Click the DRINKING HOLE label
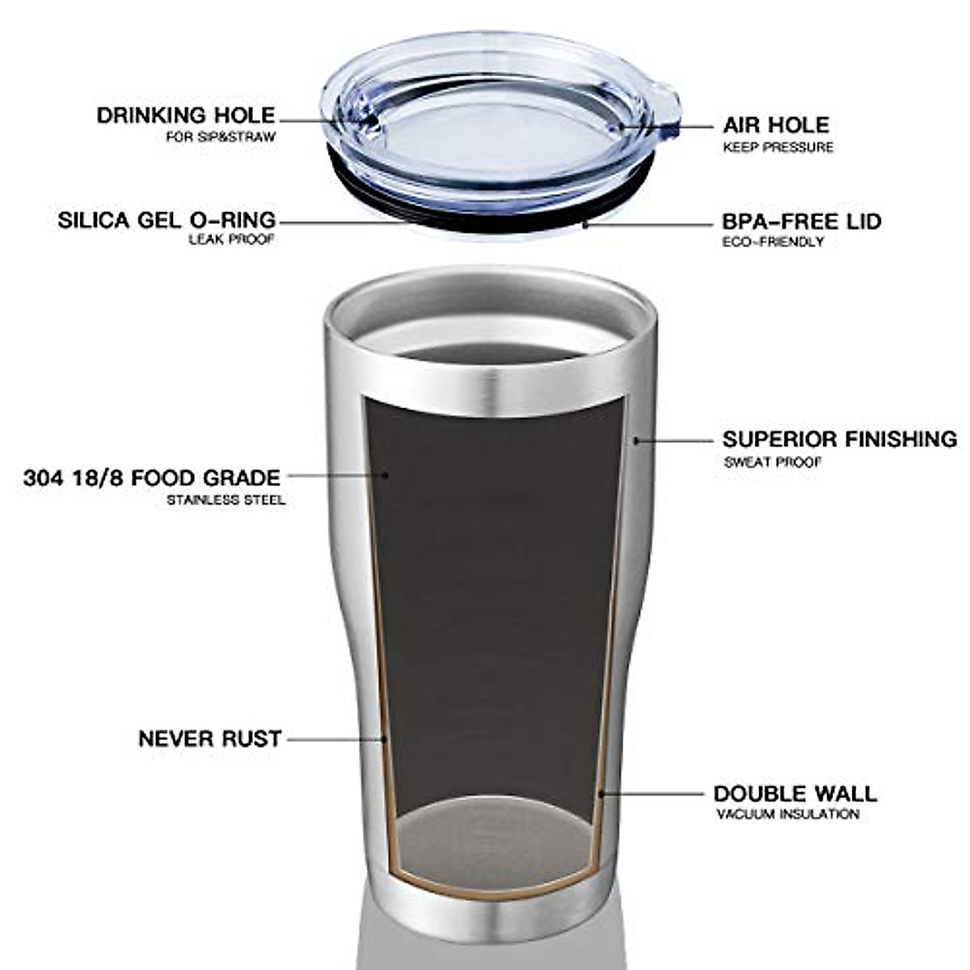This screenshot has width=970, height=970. [x=186, y=116]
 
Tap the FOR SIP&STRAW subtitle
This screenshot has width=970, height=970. [x=221, y=137]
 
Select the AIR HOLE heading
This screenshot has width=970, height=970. [x=776, y=125]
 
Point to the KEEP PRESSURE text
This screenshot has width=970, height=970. [x=778, y=148]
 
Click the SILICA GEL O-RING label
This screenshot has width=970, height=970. [x=167, y=220]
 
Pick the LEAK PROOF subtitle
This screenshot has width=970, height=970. [x=232, y=240]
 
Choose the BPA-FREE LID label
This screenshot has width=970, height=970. [x=802, y=221]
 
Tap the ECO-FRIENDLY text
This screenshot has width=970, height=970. [x=773, y=242]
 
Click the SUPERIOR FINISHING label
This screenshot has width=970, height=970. [x=840, y=440]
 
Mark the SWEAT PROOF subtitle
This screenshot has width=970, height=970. [x=772, y=462]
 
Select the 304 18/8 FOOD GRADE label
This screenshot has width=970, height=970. [x=152, y=478]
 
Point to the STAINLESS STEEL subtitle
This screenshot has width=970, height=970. [x=226, y=500]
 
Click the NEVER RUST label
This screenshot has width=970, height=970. [x=210, y=739]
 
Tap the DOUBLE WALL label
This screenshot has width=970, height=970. [x=795, y=794]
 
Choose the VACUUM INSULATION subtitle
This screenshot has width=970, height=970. [x=787, y=815]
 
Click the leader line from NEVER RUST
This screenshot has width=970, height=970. [x=335, y=739]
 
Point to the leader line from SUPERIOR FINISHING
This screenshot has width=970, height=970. [x=675, y=441]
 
